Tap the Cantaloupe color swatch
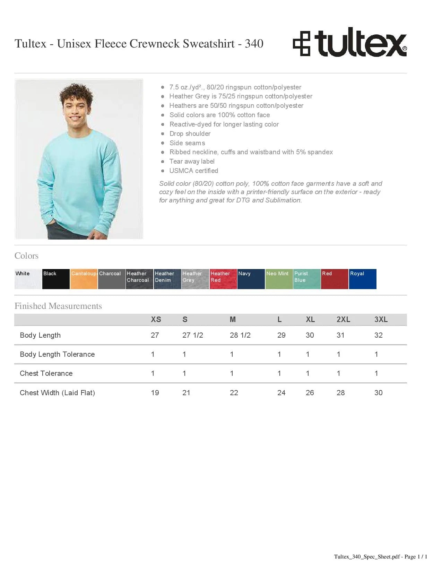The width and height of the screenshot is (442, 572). (84, 279)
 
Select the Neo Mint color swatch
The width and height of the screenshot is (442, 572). (279, 279)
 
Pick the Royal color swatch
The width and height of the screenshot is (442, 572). (362, 279)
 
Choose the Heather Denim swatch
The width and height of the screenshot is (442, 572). (167, 279)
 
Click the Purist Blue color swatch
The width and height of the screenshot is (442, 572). (306, 279)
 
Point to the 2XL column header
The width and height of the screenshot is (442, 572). (343, 320)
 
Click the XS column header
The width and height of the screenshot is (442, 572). (156, 320)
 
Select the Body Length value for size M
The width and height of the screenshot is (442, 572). (240, 335)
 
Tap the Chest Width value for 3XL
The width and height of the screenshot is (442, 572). (378, 393)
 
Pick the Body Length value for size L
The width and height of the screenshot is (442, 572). (281, 335)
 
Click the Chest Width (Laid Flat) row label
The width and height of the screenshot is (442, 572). (57, 393)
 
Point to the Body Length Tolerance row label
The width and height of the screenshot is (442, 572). (57, 354)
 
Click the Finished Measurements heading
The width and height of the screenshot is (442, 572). (58, 306)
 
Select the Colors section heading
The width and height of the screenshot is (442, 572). (26, 256)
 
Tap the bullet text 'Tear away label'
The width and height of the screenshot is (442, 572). (192, 162)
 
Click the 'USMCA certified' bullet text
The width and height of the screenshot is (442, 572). (193, 171)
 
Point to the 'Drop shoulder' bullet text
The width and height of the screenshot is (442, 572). (190, 134)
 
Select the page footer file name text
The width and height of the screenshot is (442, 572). (380, 557)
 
